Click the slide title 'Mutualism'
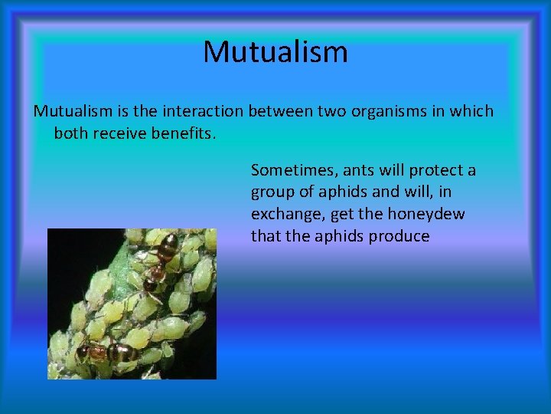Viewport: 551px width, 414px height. click(275, 52)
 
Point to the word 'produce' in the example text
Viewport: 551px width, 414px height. click(399, 236)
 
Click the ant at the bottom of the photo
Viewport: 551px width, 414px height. click(103, 352)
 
